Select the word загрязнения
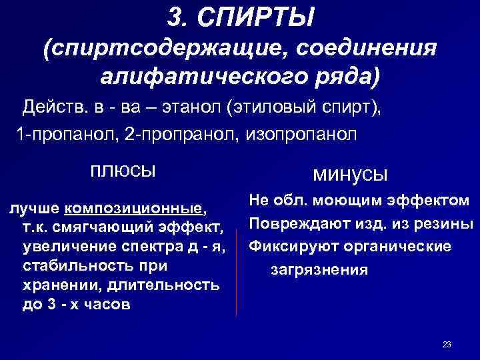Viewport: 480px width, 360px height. (x=319, y=270)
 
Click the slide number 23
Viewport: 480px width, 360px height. (x=447, y=344)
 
